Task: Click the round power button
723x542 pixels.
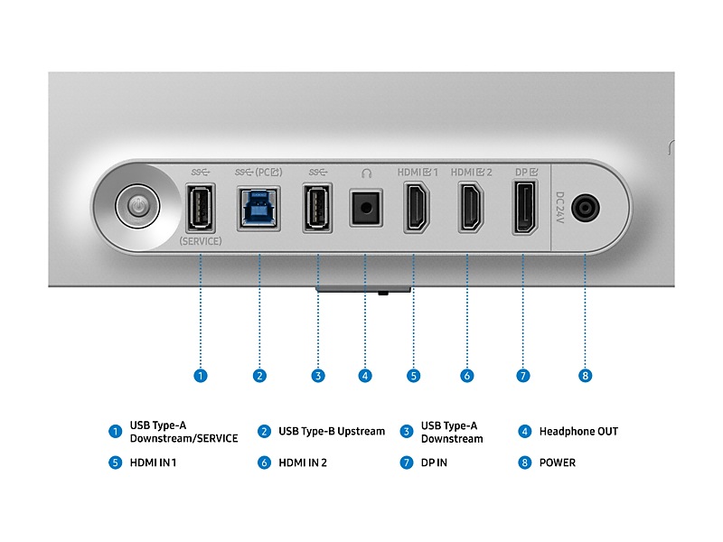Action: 137,207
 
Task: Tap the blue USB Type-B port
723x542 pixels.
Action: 258,209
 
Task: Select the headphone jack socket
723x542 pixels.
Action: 366,208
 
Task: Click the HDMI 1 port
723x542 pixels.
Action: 417,207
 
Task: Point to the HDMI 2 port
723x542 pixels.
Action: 470,207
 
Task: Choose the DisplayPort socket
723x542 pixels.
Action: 525,208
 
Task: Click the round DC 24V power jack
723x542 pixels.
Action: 585,208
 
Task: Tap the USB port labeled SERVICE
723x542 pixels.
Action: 200,208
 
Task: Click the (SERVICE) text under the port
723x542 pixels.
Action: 200,241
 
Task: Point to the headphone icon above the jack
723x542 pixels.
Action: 366,173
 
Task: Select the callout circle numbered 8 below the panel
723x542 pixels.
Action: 585,376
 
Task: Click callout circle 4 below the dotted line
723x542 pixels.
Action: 365,376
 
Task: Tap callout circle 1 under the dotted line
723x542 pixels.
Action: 200,376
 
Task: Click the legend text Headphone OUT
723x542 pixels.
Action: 578,432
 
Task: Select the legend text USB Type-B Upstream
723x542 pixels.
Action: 332,432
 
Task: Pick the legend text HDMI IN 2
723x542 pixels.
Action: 303,463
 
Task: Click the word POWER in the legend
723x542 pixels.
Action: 557,463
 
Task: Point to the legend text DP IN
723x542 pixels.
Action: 434,463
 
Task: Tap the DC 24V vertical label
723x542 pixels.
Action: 559,208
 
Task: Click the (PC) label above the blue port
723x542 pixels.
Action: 268,173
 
